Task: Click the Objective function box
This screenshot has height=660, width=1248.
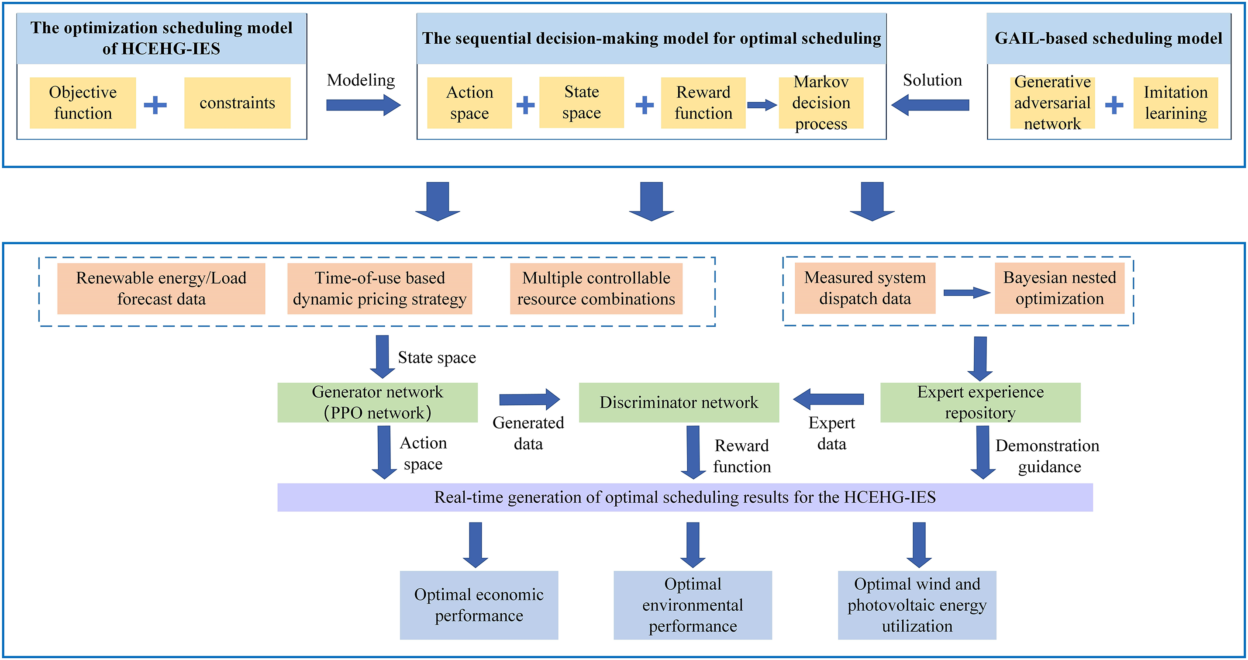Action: coord(83,103)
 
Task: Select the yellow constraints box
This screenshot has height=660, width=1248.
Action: coord(238,103)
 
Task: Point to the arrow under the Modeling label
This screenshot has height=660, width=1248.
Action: coord(363,105)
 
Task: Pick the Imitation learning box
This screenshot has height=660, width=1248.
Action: coord(1176,103)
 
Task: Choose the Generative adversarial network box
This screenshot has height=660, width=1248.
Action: coord(1052,103)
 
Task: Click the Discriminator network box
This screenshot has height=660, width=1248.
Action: coord(679,402)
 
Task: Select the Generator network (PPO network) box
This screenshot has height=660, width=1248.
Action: coord(377,402)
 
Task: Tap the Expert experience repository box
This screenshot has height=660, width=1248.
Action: coord(980,402)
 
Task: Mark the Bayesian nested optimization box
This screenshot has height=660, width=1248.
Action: coord(1059,288)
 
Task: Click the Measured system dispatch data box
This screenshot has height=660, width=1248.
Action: coord(865,288)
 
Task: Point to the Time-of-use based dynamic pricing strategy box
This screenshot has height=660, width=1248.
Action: coord(379,288)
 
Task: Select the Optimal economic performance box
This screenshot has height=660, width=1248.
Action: coord(479,605)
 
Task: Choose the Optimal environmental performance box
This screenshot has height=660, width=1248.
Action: coord(693,605)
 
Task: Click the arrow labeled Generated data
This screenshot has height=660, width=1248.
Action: coord(530,399)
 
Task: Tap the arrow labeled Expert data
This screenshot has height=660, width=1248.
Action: coord(828,399)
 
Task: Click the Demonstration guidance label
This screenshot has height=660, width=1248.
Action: coord(1048,456)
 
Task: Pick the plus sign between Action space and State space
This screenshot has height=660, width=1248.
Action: coord(525,105)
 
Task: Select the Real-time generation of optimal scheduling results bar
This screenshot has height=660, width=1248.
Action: coord(685,497)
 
